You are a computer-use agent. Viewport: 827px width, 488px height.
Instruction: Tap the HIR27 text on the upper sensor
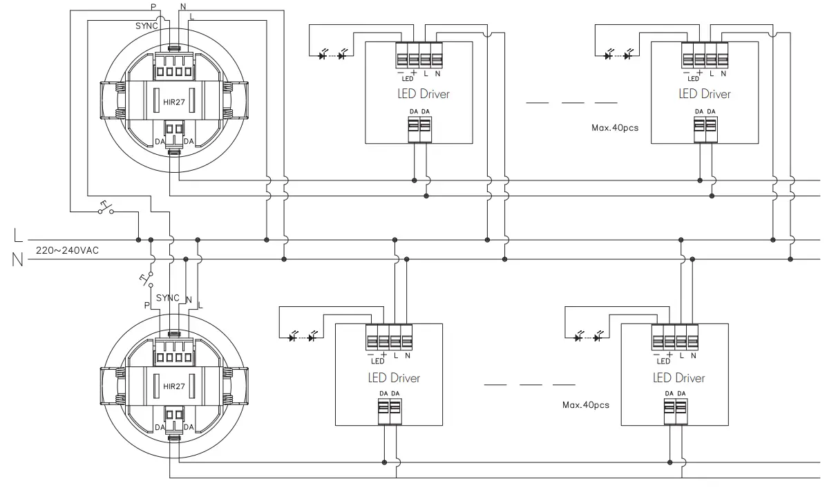tap(173, 102)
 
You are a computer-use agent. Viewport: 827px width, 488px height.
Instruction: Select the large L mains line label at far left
tap(18, 236)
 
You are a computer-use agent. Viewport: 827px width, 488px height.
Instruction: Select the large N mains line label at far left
tap(18, 261)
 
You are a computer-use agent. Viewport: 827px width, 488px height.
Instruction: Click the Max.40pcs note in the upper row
tap(615, 128)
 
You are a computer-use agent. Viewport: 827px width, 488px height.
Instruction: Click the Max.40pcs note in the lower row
tap(586, 405)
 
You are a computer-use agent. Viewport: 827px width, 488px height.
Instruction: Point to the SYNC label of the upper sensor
tap(146, 26)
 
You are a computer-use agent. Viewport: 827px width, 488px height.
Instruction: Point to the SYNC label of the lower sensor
tap(168, 298)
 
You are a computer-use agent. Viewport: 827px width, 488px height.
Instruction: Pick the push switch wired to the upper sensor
tap(106, 207)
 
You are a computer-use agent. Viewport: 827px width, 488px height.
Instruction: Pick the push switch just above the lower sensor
tap(146, 279)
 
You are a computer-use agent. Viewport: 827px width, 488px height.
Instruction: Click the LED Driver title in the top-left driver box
tap(419, 94)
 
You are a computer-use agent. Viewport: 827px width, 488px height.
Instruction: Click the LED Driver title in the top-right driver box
tap(705, 94)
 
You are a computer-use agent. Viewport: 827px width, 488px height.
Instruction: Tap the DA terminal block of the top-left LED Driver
tap(419, 129)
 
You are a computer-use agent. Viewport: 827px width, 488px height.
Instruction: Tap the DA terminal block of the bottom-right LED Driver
tap(675, 412)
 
